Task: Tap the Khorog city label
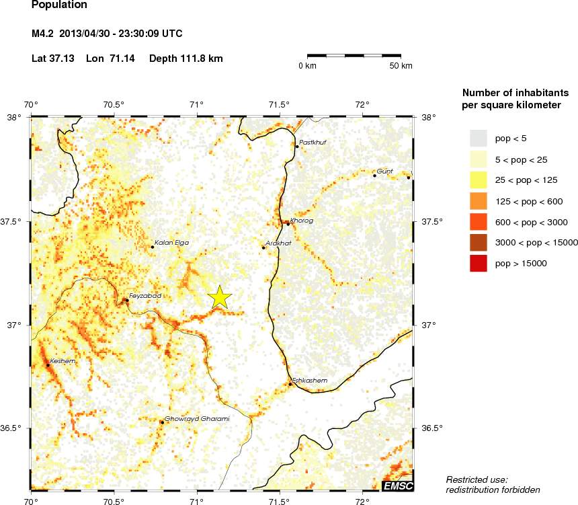click(302, 221)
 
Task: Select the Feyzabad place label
click(145, 295)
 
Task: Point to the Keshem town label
click(63, 361)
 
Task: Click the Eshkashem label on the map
click(310, 381)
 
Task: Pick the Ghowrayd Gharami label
click(197, 419)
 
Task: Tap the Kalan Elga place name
click(172, 242)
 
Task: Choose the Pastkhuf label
click(312, 142)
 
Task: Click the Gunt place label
click(384, 171)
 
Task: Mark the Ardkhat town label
click(278, 243)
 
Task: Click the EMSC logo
click(398, 486)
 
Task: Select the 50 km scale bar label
click(402, 66)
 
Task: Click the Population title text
click(59, 5)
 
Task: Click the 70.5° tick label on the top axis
click(114, 104)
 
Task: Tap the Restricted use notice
click(492, 484)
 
